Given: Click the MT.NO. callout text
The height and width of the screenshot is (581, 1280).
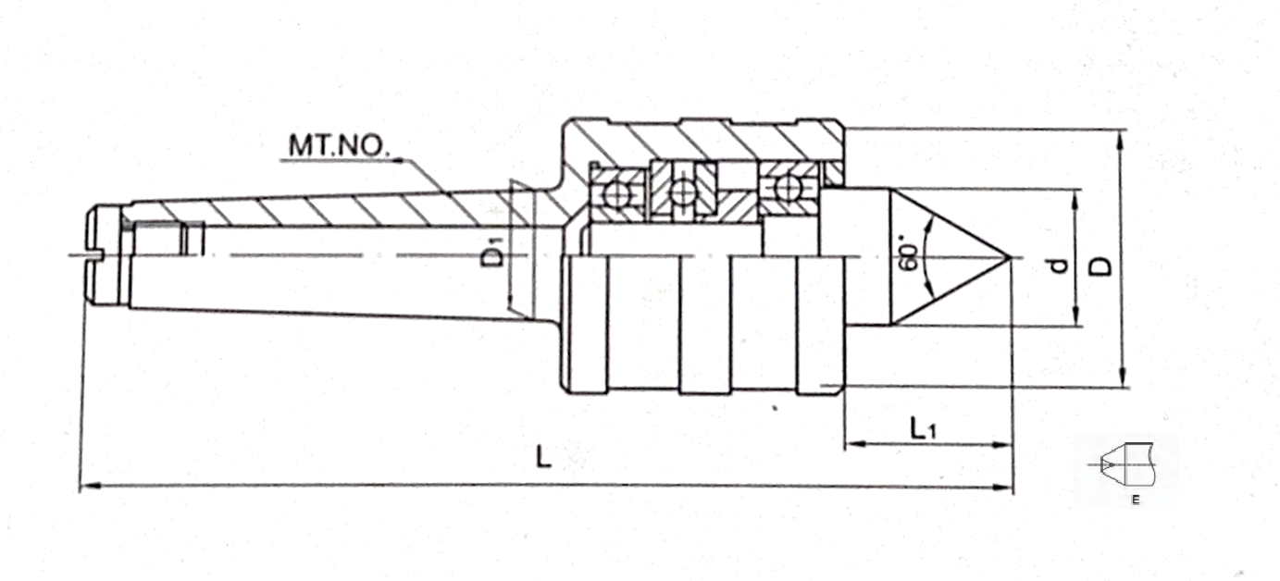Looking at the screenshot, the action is (x=339, y=146).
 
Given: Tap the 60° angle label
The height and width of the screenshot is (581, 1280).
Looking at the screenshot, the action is (x=909, y=257).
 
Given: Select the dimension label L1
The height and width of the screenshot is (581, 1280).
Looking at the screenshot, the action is (x=923, y=428).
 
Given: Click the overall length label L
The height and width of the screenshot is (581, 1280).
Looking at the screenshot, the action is (x=543, y=457).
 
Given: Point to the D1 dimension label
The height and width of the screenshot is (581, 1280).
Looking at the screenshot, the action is (x=492, y=255).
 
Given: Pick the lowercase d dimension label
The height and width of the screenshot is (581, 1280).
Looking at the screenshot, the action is (x=1059, y=266).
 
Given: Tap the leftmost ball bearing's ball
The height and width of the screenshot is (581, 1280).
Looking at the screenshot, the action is (x=616, y=195).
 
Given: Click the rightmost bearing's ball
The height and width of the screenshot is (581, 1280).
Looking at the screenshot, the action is (x=788, y=188).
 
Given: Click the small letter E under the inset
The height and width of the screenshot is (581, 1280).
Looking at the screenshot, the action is (x=1136, y=500).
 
